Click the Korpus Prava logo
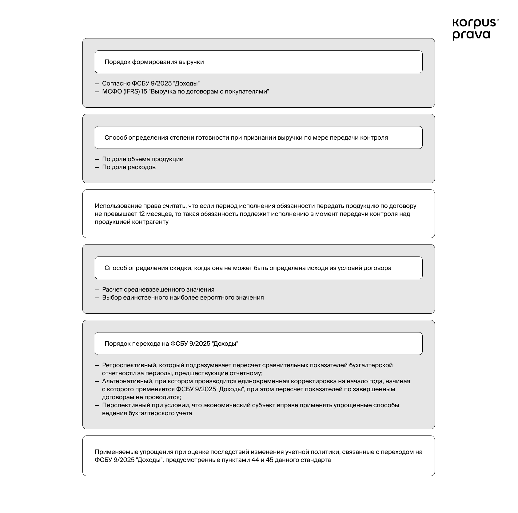click(474, 29)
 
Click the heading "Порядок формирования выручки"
click(154, 62)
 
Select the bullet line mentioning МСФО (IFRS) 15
click(185, 91)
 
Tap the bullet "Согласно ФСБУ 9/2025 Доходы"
click(151, 83)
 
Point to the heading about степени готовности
click(246, 137)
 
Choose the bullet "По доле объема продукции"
click(143, 159)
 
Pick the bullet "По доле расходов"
click(129, 167)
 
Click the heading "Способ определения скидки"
click(248, 268)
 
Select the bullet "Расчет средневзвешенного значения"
click(158, 289)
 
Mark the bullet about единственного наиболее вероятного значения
click(183, 297)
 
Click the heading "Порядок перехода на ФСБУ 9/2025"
click(171, 344)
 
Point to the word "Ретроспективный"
click(129, 365)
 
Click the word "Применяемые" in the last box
click(117, 452)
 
